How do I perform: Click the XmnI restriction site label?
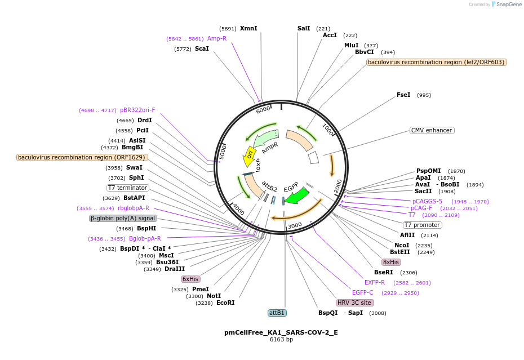pyautogui.click(x=248, y=28)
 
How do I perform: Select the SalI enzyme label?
pyautogui.click(x=304, y=28)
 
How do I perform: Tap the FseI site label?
pyautogui.click(x=403, y=95)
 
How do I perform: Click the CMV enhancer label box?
pyautogui.click(x=432, y=130)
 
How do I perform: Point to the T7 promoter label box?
pyautogui.click(x=422, y=225)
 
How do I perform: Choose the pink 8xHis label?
pyautogui.click(x=391, y=262)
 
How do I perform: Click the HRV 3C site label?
pyautogui.click(x=355, y=303)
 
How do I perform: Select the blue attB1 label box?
pyautogui.click(x=277, y=313)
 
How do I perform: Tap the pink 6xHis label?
pyautogui.click(x=190, y=279)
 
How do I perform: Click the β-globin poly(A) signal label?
pyautogui.click(x=123, y=218)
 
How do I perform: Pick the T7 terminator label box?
pyautogui.click(x=128, y=188)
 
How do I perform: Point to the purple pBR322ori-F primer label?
pyautogui.click(x=137, y=110)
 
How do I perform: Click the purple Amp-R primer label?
pyautogui.click(x=216, y=38)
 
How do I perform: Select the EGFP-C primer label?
pyautogui.click(x=362, y=292)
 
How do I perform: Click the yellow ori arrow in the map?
pyautogui.click(x=248, y=157)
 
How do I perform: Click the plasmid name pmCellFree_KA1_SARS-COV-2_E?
pyautogui.click(x=281, y=332)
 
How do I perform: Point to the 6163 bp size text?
pyautogui.click(x=281, y=340)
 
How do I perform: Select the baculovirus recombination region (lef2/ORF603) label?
pyautogui.click(x=436, y=62)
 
